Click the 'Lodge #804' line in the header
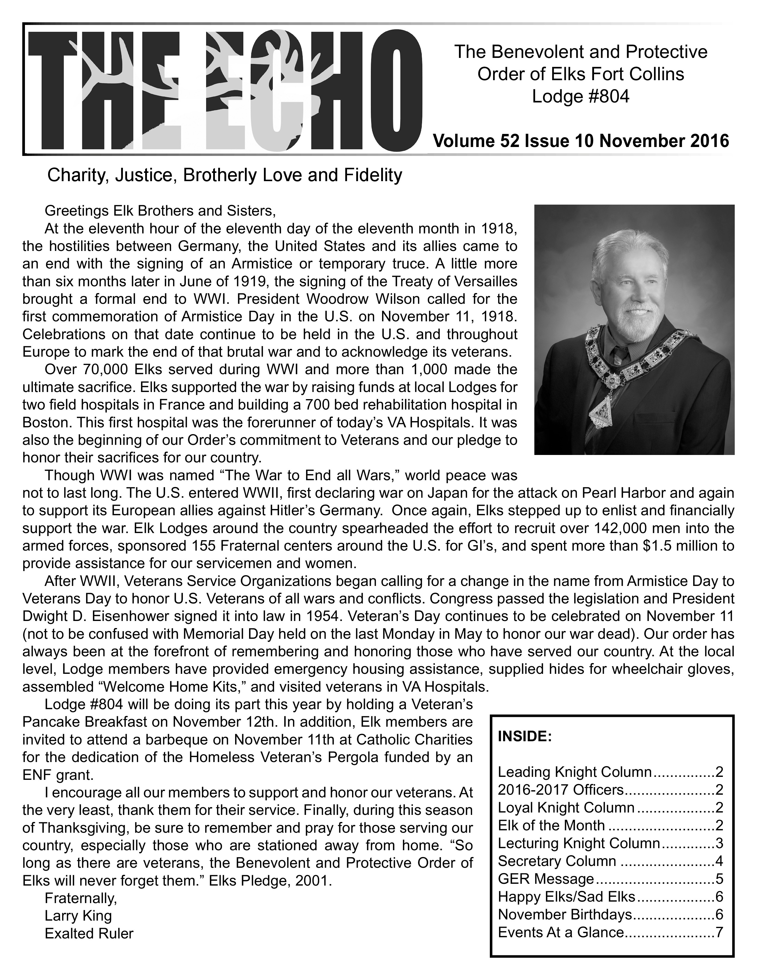point(581,97)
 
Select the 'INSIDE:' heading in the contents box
point(525,736)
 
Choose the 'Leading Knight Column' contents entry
point(574,772)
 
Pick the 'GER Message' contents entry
point(546,879)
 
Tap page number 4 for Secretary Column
point(719,861)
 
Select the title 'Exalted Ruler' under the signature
point(89,933)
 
